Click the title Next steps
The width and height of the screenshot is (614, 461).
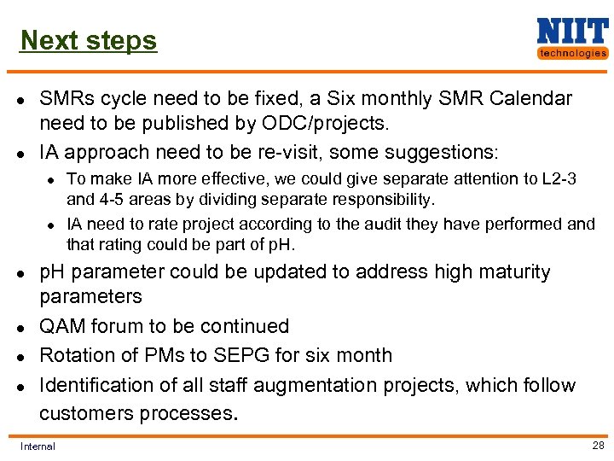tap(89, 40)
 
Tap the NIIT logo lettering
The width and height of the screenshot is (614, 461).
tap(571, 32)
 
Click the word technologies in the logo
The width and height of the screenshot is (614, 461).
tap(572, 53)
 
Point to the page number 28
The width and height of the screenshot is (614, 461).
tap(598, 445)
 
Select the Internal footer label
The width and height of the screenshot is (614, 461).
tap(38, 446)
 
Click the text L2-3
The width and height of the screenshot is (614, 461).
tap(558, 178)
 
